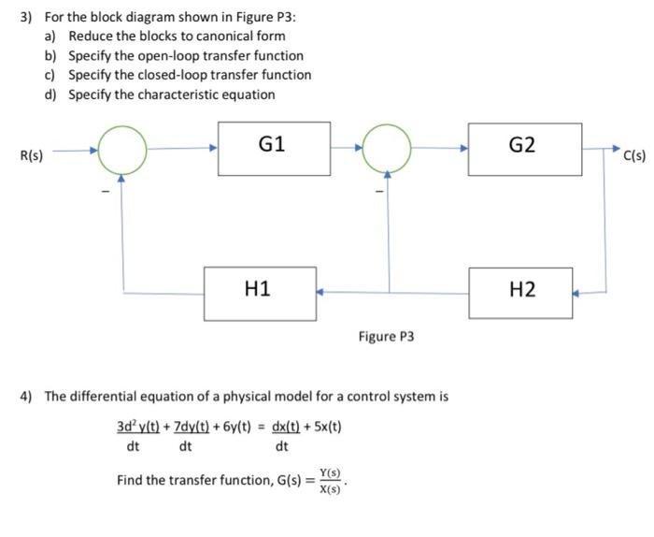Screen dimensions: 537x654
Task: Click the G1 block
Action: (x=274, y=148)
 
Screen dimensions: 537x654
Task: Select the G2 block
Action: (x=523, y=148)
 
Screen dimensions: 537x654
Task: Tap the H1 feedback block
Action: (x=259, y=291)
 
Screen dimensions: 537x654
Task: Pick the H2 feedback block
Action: (x=523, y=291)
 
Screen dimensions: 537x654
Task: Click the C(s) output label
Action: (x=634, y=154)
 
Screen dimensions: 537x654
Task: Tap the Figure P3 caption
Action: (x=386, y=335)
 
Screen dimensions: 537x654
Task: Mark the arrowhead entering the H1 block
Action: (x=320, y=292)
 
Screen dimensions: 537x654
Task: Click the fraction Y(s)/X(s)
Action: (x=329, y=481)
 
